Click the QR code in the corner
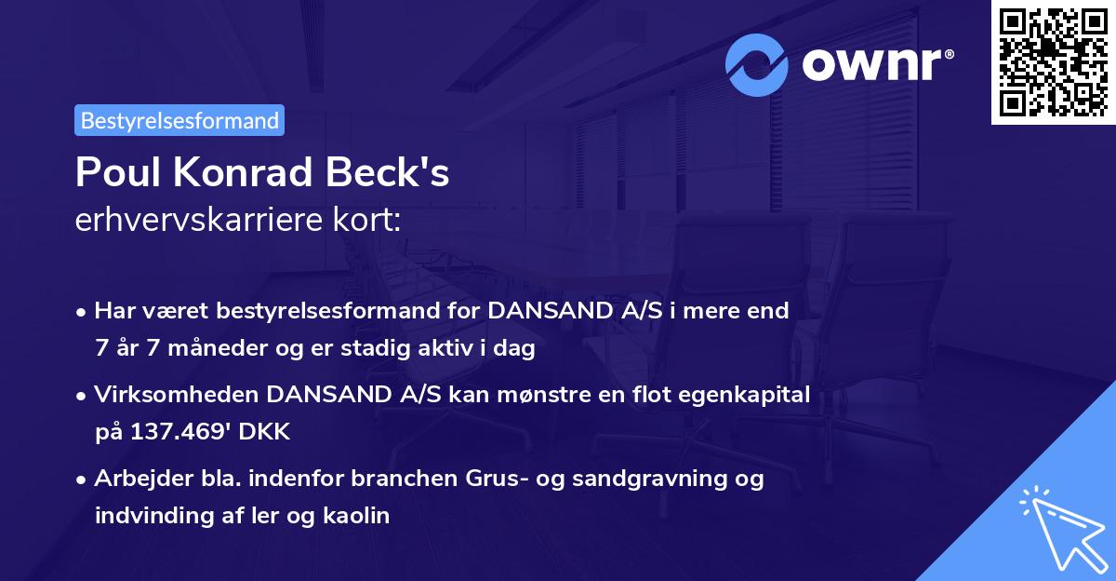(1053, 62)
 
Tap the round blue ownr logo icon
(757, 64)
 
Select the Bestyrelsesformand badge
(179, 120)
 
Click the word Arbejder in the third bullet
(136, 479)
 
